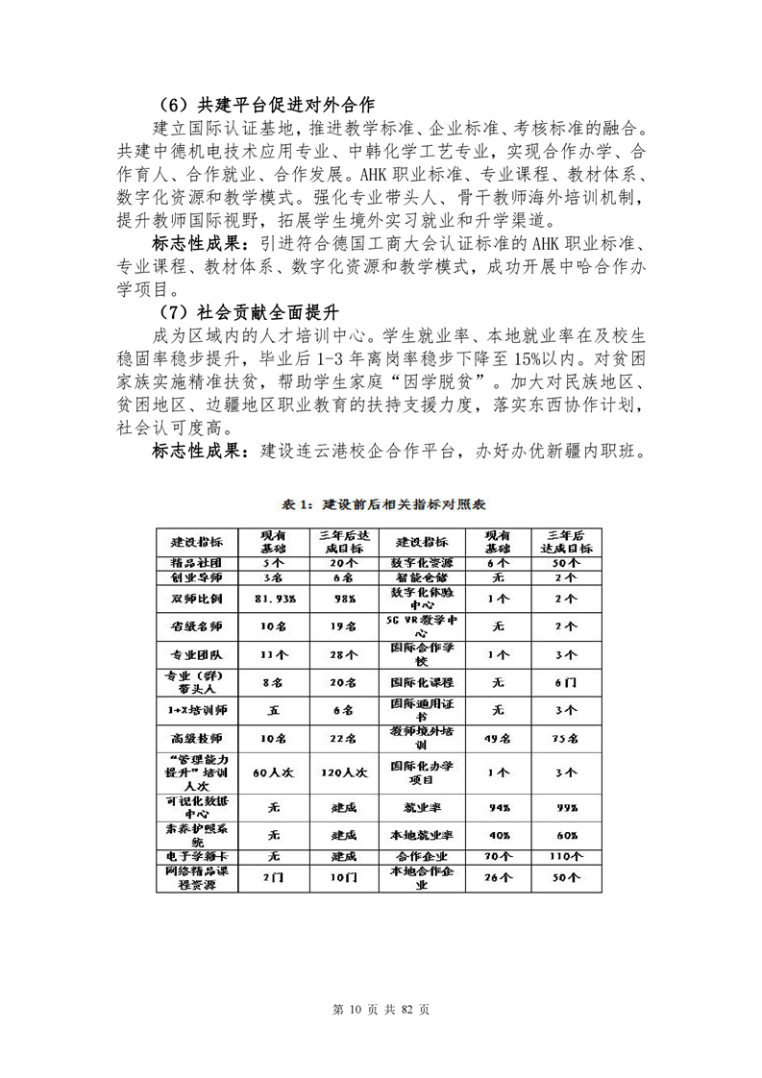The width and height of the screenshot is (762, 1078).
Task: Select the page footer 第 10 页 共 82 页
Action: [x=381, y=1009]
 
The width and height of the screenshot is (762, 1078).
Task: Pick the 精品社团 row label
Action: [x=197, y=561]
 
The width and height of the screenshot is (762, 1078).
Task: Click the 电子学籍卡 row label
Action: [x=197, y=855]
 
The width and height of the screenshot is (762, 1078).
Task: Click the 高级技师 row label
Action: [x=197, y=738]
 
